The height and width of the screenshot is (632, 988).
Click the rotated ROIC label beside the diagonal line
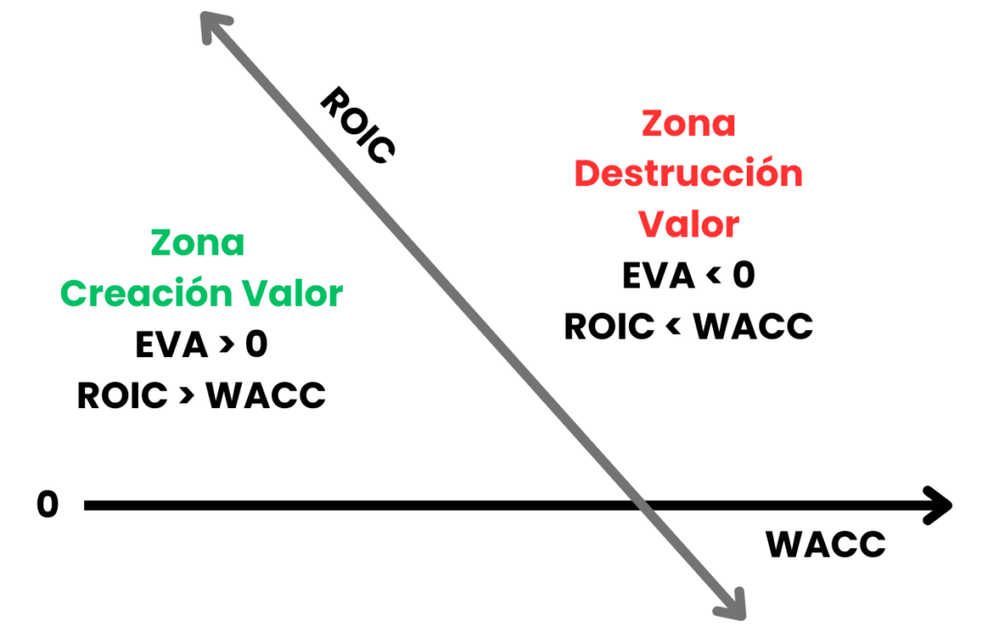click(x=358, y=125)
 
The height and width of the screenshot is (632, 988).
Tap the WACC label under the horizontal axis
click(x=826, y=544)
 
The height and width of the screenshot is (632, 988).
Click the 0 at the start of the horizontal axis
click(x=48, y=505)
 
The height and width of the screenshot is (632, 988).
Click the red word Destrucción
click(x=689, y=174)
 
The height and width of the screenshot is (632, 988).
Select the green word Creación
click(x=147, y=293)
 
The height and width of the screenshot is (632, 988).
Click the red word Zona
click(x=689, y=124)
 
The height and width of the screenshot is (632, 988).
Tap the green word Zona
click(x=198, y=243)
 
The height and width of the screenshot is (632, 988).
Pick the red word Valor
click(x=689, y=224)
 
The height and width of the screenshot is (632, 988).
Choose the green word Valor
click(x=292, y=293)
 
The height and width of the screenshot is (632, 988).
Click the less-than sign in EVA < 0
click(x=714, y=275)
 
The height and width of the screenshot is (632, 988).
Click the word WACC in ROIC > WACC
click(x=266, y=396)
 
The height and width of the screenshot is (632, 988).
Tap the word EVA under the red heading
click(x=659, y=275)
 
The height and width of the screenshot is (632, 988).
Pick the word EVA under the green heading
click(x=172, y=344)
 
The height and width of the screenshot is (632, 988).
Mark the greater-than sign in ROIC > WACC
click(x=186, y=395)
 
